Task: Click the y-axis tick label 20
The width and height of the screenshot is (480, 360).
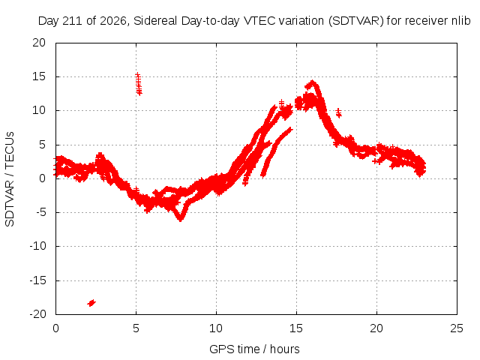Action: [39, 43]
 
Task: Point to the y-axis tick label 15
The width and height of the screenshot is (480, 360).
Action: [39, 76]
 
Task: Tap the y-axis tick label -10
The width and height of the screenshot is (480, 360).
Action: [37, 246]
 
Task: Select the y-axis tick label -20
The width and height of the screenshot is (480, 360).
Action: [37, 314]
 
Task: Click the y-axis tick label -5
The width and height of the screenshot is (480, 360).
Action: [41, 212]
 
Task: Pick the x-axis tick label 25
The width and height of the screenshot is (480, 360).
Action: [457, 328]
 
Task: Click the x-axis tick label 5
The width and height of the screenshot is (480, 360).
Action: [136, 328]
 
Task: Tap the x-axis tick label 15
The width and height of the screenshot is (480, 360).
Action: [296, 328]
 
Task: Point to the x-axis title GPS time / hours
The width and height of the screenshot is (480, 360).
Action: [254, 349]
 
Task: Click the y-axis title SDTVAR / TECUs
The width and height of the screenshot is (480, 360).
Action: [10, 179]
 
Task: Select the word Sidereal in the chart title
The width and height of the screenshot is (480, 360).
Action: [155, 21]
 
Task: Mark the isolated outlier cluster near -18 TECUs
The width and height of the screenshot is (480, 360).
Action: [91, 303]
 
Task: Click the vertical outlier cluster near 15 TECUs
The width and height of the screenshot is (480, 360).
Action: [139, 84]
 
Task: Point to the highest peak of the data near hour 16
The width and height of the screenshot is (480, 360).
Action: [312, 82]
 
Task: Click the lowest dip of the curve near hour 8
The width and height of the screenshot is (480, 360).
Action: [181, 219]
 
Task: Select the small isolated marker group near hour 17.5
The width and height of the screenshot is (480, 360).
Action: [338, 112]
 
